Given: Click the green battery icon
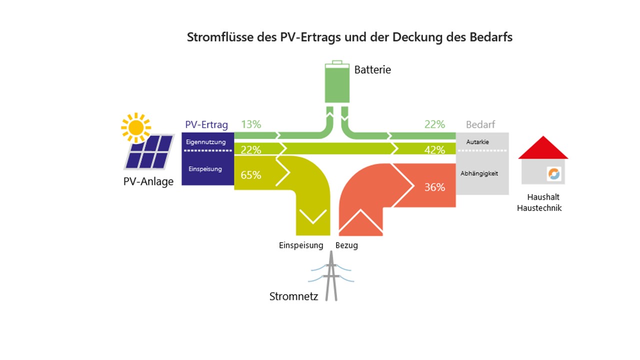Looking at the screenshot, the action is click(x=337, y=81).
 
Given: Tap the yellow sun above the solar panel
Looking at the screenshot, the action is click(x=135, y=127).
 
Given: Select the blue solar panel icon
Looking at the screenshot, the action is click(x=149, y=152).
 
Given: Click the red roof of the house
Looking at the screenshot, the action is click(x=543, y=147).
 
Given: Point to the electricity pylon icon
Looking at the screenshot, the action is click(x=331, y=276).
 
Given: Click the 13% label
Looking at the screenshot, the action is click(x=251, y=124).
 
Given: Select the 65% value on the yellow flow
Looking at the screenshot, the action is click(x=250, y=175).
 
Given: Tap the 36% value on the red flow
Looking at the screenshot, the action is click(x=434, y=187).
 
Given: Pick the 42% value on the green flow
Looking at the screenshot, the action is click(x=434, y=149).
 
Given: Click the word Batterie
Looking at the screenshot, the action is click(x=372, y=69).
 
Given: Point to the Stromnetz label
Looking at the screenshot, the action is click(x=293, y=296).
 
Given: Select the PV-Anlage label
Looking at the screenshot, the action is click(x=148, y=181).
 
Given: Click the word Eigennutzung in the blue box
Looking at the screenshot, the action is click(x=205, y=142).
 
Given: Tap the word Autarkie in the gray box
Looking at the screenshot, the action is click(x=477, y=142).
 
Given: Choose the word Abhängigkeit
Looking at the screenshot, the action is click(x=479, y=173).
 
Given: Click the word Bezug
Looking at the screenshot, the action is click(x=346, y=245).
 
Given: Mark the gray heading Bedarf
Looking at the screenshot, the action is click(x=480, y=124).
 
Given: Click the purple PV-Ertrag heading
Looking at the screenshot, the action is click(x=206, y=124).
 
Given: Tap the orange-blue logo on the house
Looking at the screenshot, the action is click(x=553, y=173).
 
